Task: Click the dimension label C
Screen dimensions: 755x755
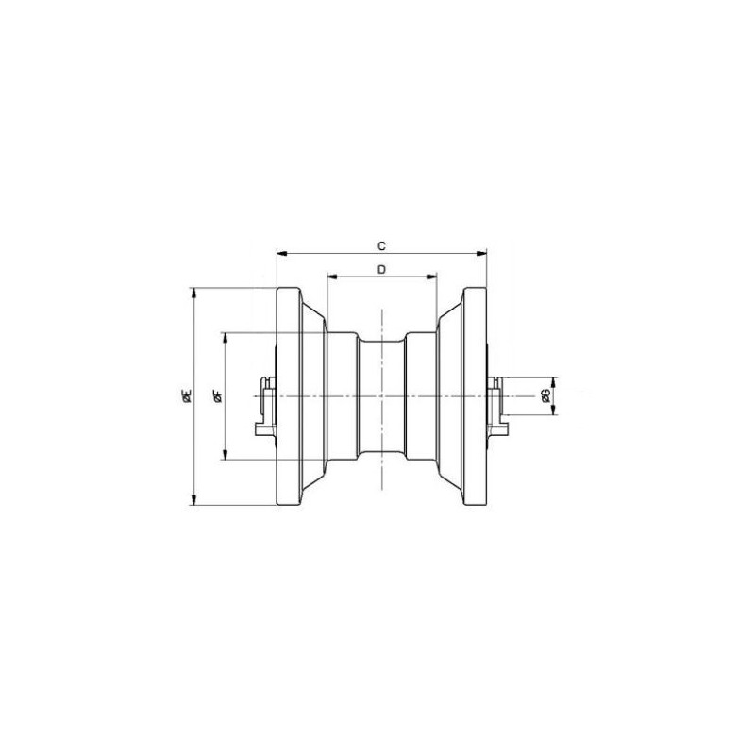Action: (x=381, y=246)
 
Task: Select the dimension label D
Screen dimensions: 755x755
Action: (x=381, y=269)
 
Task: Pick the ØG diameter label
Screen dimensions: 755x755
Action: (x=545, y=395)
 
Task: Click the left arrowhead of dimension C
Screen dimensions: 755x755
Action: (x=282, y=253)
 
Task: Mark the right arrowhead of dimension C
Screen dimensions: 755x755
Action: (x=481, y=253)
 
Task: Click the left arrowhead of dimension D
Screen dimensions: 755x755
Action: (x=332, y=277)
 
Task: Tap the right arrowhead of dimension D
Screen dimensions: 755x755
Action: (x=431, y=277)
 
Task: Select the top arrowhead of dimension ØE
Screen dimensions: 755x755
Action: (x=194, y=294)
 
